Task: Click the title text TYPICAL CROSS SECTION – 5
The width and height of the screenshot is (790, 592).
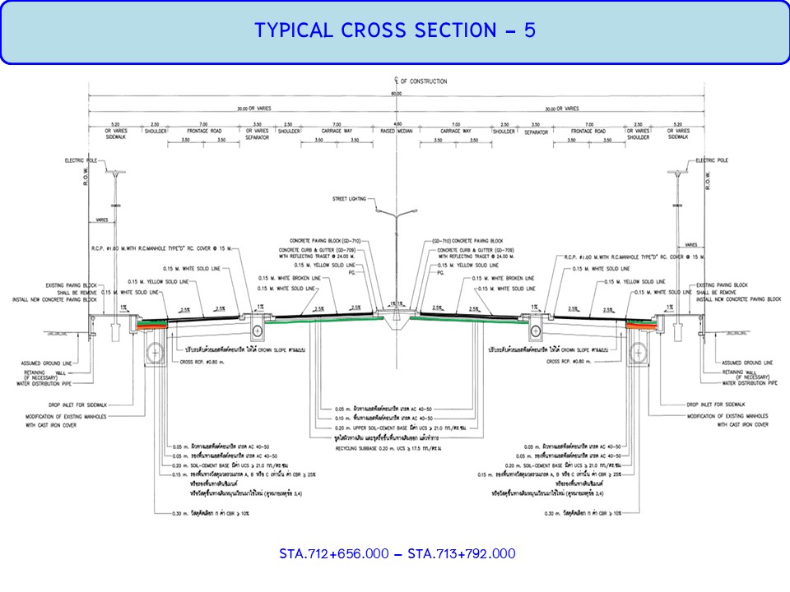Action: click(395, 30)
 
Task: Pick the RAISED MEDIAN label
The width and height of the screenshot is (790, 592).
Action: click(396, 131)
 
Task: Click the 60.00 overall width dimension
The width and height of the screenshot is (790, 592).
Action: click(396, 94)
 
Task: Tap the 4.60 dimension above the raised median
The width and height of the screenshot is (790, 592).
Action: click(396, 123)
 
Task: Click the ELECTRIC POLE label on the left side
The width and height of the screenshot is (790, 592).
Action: click(82, 160)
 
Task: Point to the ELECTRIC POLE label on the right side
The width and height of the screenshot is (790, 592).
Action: click(712, 160)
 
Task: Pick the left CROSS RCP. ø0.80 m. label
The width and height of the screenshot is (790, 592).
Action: click(199, 361)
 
